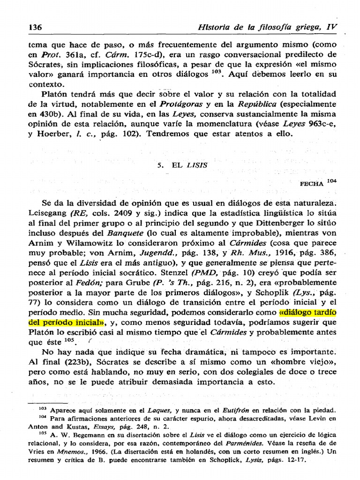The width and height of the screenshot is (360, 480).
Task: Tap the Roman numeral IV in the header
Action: click(331, 27)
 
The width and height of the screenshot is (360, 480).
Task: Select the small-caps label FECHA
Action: click(312, 184)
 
